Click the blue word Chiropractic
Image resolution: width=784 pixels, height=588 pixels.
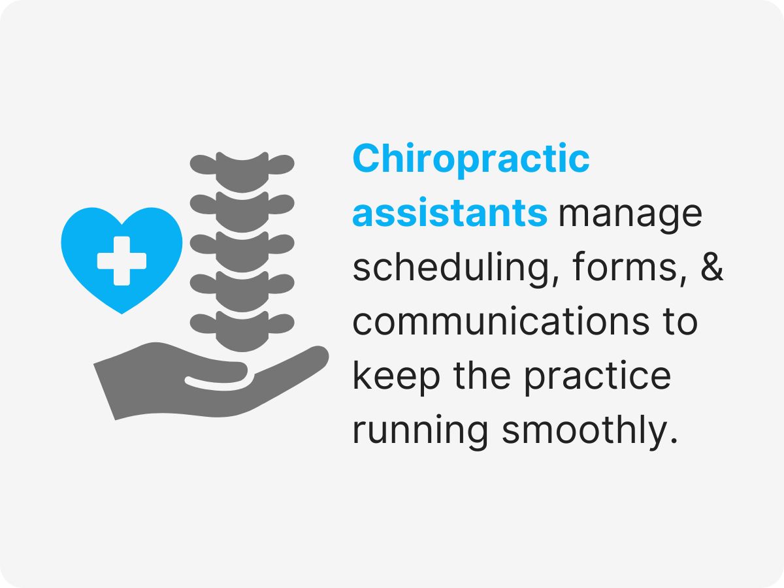click(471, 161)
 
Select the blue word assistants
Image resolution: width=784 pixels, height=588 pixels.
click(450, 214)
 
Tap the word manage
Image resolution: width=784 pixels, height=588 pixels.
click(630, 214)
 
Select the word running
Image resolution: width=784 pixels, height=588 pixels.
click(421, 432)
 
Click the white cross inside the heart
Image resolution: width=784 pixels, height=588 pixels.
click(122, 259)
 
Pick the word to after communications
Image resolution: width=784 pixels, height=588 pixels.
click(676, 322)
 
